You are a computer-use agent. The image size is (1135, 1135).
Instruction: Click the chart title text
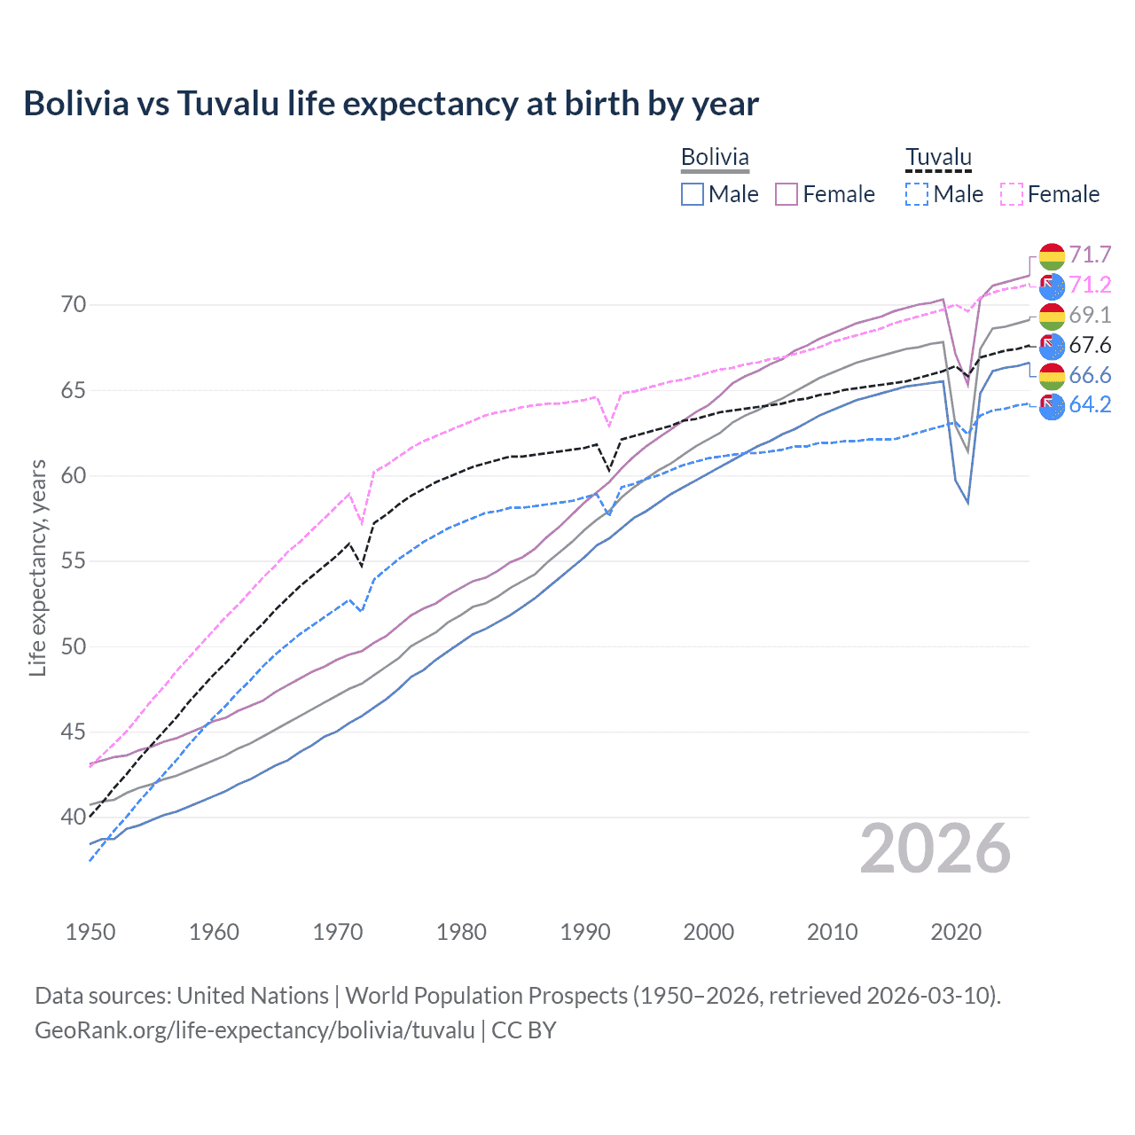[391, 104]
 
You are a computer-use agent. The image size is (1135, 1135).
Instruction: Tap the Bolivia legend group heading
[715, 157]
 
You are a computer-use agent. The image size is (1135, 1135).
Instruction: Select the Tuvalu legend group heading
[938, 157]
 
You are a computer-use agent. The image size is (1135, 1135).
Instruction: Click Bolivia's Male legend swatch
[693, 194]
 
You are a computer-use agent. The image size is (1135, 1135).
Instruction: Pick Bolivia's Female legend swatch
[787, 194]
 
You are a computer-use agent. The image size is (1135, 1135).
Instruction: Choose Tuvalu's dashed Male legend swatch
[917, 194]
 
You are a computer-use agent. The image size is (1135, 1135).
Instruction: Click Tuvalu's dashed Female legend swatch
[1012, 194]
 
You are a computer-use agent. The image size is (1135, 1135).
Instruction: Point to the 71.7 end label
[1090, 255]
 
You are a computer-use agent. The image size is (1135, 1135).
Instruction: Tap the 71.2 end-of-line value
[1090, 286]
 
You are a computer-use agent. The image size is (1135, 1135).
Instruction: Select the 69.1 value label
[1090, 316]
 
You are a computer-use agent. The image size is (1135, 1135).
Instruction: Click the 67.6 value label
[1090, 346]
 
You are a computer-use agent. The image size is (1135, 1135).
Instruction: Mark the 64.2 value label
[1090, 405]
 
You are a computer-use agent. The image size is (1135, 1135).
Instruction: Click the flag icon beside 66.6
[1052, 376]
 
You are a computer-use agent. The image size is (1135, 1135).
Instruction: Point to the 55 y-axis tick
[74, 561]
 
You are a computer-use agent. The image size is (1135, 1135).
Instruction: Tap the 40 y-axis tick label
[74, 817]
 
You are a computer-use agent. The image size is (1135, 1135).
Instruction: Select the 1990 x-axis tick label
[585, 932]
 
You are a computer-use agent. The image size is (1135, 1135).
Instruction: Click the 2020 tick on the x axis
[956, 932]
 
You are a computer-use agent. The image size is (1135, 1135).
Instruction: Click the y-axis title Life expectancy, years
[38, 567]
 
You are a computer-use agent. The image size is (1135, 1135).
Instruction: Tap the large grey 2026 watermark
[935, 849]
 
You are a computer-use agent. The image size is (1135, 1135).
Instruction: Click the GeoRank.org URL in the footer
[254, 1030]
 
